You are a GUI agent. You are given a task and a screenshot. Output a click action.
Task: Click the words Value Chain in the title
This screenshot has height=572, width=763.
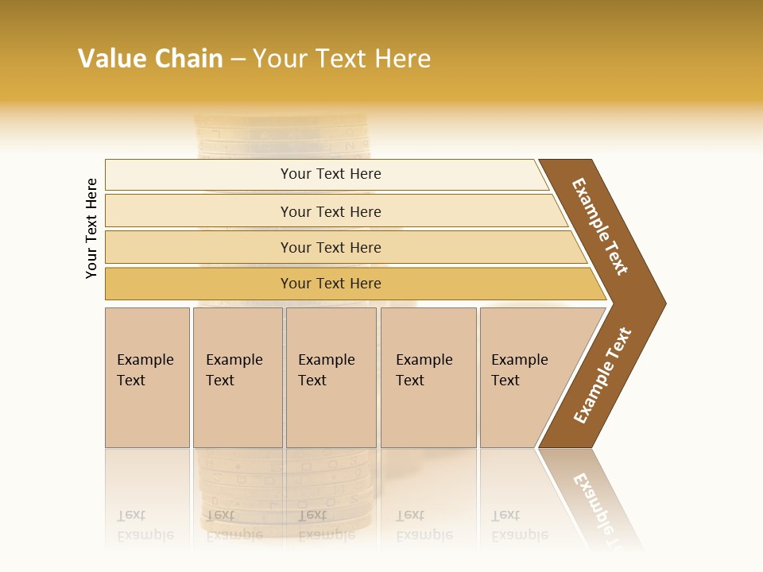click(150, 58)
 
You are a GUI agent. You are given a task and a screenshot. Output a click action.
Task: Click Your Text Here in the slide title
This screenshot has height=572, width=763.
click(342, 58)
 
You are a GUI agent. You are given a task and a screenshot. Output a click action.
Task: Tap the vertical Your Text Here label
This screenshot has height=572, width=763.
click(91, 228)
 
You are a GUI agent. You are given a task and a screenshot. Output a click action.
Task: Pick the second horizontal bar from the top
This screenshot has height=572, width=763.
click(330, 211)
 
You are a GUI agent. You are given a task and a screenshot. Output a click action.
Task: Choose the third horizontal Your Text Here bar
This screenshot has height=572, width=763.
click(330, 247)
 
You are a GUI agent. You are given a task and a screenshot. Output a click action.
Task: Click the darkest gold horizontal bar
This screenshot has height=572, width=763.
click(330, 284)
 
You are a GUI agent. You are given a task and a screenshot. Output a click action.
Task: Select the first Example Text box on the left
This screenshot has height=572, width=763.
click(147, 377)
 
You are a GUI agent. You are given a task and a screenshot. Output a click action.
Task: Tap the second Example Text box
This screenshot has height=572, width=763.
click(237, 377)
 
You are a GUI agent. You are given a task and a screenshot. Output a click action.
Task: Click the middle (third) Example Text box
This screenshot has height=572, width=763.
click(330, 377)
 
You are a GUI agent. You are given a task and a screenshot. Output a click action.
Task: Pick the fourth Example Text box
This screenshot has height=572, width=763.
click(428, 377)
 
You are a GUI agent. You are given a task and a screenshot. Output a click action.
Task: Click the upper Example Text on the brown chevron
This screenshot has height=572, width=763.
click(600, 226)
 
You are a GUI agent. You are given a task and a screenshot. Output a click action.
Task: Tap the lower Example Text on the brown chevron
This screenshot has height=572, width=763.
click(602, 376)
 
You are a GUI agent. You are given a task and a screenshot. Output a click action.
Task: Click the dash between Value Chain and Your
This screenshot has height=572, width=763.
click(238, 59)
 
